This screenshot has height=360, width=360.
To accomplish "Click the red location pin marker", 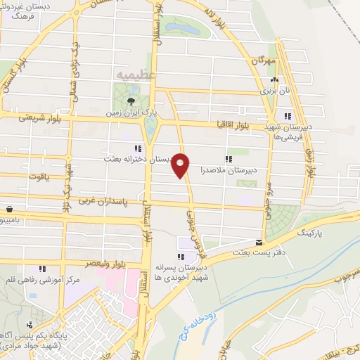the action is (x=181, y=165).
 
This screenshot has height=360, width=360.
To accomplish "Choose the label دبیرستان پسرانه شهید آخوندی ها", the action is (x=205, y=272).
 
